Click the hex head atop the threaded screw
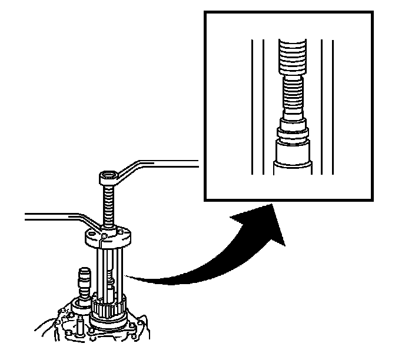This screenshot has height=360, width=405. pos(108,176)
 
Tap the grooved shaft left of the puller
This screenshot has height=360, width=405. pos(82,282)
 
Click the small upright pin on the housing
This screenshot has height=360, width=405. pos(78,324)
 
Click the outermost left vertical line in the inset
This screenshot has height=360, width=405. pos(251,106)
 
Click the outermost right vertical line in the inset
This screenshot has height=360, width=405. pos(332,106)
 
